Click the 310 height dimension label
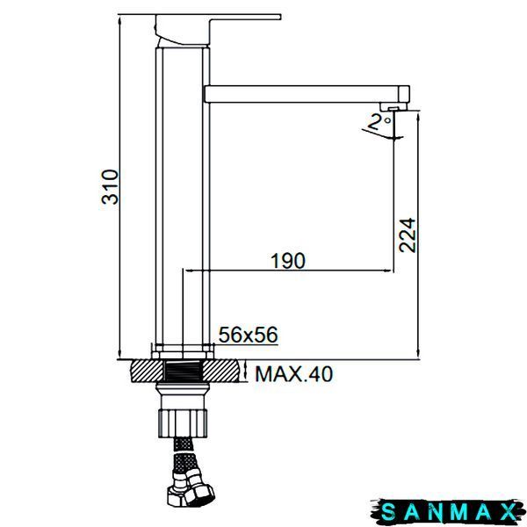(111, 187)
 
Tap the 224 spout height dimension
(408, 235)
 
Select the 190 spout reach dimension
(288, 261)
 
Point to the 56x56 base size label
(249, 335)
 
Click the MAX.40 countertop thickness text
(294, 374)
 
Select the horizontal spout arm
(307, 94)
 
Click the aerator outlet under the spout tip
(393, 107)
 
